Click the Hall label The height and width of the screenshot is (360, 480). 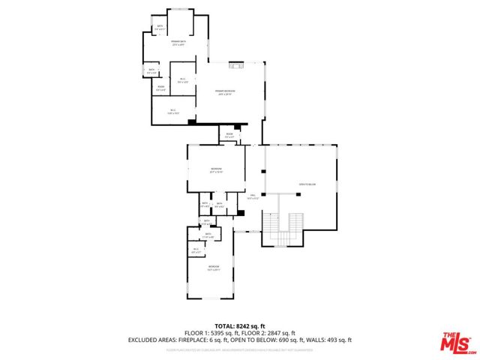[253, 197]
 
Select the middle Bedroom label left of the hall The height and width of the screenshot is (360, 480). [216, 170]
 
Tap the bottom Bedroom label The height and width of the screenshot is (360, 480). [214, 268]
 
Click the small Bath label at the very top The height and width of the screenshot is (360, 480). [160, 28]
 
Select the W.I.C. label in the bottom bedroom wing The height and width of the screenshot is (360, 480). [196, 250]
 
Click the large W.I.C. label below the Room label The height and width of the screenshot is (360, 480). [172, 112]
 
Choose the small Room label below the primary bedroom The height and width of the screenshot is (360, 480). [230, 136]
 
